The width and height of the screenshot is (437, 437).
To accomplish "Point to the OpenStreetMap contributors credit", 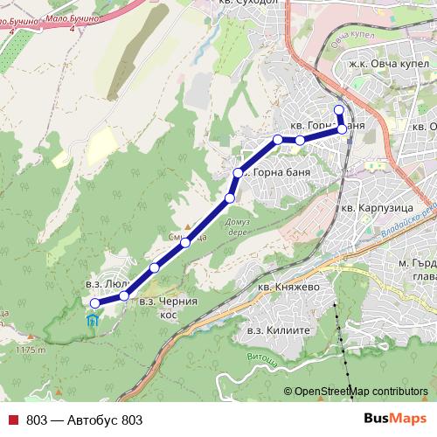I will pos(361,391).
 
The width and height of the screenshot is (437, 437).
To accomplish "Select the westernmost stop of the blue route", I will pos(94,303).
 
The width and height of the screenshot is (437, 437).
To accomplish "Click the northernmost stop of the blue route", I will pos(339,109).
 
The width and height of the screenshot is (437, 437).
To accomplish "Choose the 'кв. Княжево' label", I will pos(289,285).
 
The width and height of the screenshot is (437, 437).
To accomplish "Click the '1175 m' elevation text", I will pos(29,350).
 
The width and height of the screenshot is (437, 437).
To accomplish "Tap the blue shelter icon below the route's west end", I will pos(93,320).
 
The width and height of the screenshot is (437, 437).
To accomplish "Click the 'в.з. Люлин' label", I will pos(108,284).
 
